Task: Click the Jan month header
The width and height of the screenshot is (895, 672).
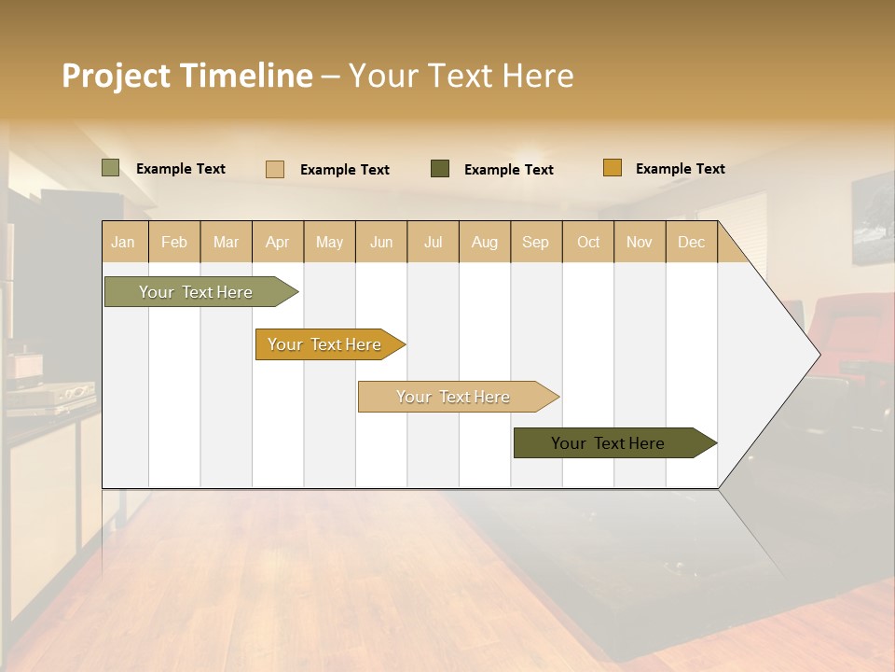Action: [123, 242]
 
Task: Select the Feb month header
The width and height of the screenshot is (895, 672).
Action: [174, 242]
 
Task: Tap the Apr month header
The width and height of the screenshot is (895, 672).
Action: [277, 242]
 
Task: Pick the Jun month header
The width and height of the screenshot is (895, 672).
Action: [381, 242]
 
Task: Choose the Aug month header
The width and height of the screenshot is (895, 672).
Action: [484, 242]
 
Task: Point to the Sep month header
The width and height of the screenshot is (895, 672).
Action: [535, 242]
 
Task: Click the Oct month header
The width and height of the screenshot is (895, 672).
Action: [588, 242]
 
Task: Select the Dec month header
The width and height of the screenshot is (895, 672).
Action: [691, 242]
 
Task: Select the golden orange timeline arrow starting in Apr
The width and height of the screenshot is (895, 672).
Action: [326, 344]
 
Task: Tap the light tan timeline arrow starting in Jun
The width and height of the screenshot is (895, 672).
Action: [455, 397]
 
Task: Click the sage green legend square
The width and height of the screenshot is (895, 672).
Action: [110, 168]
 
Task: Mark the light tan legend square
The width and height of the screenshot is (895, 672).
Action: [274, 169]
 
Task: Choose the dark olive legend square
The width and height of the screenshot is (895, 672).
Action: [440, 169]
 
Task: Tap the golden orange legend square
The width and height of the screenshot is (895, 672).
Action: [612, 168]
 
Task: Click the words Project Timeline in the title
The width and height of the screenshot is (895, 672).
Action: [186, 76]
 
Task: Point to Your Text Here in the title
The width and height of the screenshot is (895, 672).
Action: [461, 76]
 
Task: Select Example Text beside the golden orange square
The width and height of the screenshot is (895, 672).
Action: [680, 169]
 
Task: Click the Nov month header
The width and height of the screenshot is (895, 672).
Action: [639, 242]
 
